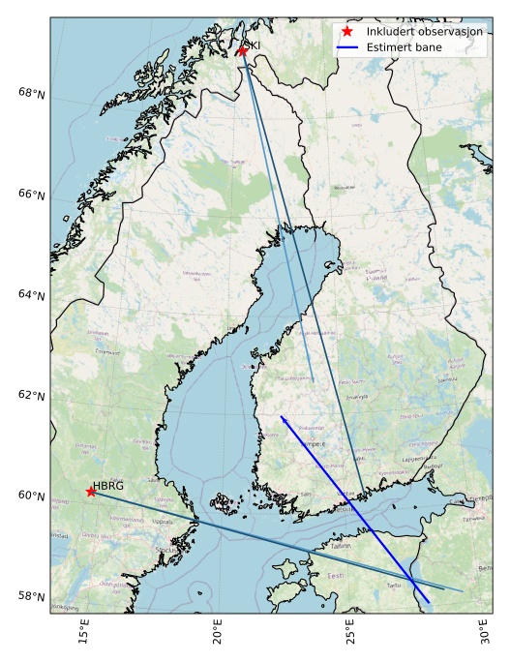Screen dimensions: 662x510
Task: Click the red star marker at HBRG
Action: (x=91, y=492)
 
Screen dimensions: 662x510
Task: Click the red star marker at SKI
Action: (x=242, y=50)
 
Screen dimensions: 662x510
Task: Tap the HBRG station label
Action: (x=108, y=486)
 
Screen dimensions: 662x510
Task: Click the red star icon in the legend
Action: (x=346, y=31)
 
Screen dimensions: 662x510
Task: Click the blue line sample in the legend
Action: (x=346, y=46)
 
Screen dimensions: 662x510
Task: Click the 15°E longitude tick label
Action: (x=84, y=635)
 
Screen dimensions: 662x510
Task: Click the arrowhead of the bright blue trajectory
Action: (x=282, y=417)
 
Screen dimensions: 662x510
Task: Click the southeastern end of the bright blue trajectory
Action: (x=429, y=602)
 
